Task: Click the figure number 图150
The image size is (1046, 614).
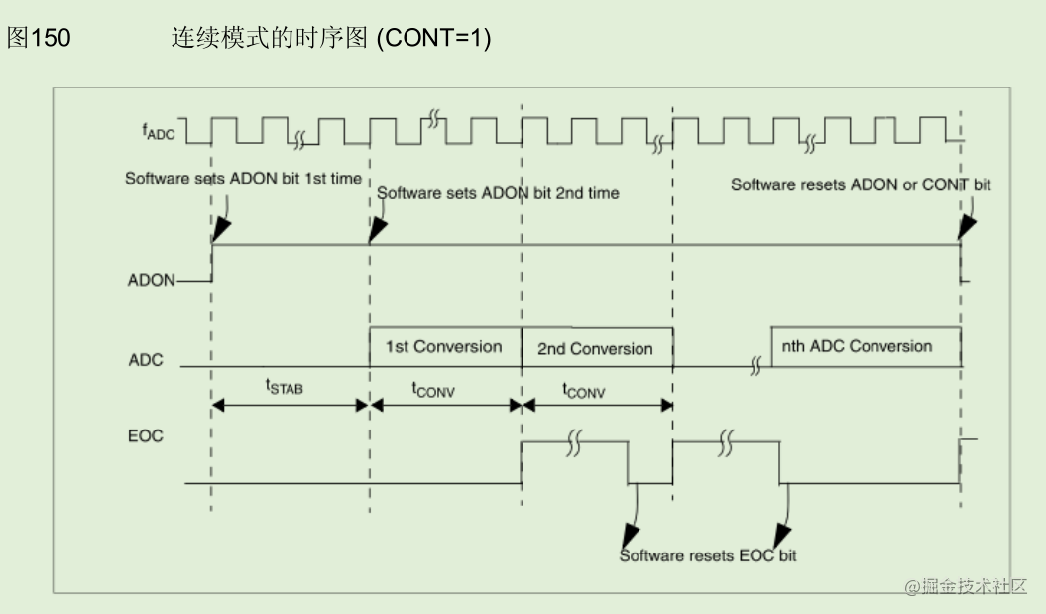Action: (x=40, y=39)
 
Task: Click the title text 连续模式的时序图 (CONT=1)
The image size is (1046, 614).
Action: (x=331, y=39)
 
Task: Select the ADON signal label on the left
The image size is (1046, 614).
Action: (x=151, y=281)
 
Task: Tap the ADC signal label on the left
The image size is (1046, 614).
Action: (x=146, y=359)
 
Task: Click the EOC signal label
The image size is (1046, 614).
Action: (x=146, y=435)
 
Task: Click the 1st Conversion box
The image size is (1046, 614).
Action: (x=443, y=347)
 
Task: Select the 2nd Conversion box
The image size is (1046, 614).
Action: (x=595, y=349)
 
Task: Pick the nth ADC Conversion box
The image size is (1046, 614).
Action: (x=857, y=346)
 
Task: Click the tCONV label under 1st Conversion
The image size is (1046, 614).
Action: (x=433, y=390)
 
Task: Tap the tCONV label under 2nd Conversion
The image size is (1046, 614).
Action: (x=584, y=390)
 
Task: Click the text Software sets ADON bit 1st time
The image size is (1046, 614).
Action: (x=243, y=179)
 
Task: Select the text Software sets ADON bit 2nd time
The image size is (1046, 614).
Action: (x=498, y=193)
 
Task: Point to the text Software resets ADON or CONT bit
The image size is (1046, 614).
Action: (x=861, y=184)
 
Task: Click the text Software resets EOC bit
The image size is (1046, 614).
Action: (x=708, y=555)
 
